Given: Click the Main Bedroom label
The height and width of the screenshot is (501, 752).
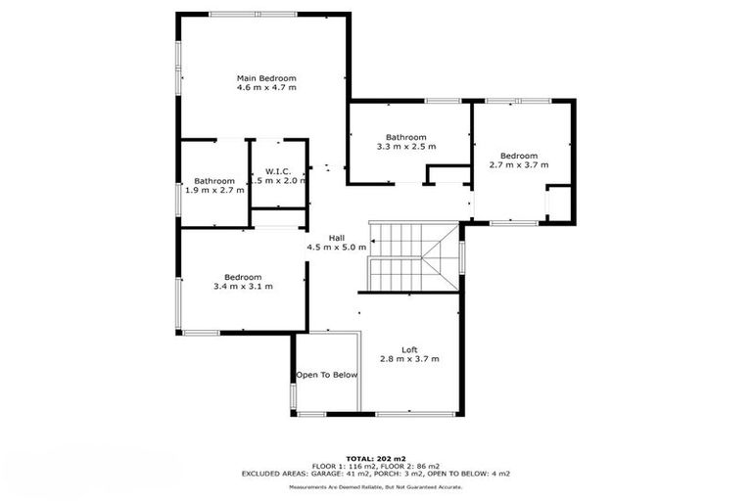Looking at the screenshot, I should tap(265, 77).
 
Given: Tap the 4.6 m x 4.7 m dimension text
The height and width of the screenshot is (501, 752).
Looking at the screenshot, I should tap(265, 87).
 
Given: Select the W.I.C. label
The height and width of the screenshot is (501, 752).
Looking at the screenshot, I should tap(278, 171).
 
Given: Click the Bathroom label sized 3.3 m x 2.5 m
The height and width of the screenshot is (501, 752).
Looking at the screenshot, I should tap(405, 137).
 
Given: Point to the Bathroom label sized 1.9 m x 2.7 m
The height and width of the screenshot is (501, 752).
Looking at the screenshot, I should tap(213, 180).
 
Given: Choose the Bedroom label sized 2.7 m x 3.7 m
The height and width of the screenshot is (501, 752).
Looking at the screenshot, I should tap(519, 156).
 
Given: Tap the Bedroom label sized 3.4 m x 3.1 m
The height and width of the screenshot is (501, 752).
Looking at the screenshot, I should tap(243, 277).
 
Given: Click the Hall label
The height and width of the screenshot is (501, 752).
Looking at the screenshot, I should tap(336, 238).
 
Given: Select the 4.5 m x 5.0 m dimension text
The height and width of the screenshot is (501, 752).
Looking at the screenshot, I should tap(336, 248).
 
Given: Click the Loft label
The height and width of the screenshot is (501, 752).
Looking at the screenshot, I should tap(409, 349).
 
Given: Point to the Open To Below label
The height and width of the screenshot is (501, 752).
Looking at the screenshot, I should tap(327, 375).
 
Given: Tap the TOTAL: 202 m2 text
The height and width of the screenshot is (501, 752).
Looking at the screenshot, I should tap(376, 457).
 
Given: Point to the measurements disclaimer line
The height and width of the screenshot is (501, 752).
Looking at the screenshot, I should tap(376, 486).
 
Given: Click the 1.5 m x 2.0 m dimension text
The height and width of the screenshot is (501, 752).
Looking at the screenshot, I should tap(278, 181).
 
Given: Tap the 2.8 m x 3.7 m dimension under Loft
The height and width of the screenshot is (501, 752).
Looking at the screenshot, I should tap(409, 359).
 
